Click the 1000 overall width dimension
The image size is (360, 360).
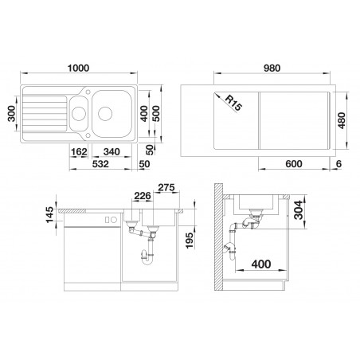tap(79, 68)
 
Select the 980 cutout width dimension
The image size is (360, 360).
tap(272, 68)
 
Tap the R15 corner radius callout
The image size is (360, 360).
tap(233, 103)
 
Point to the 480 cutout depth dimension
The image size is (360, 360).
tap(342, 121)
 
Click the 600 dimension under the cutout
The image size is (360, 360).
tap(294, 164)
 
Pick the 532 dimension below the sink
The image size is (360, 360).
tap(100, 164)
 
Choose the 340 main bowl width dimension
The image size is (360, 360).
tap(112, 152)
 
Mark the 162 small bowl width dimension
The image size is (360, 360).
tap(79, 152)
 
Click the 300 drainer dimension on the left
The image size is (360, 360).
tap(11, 114)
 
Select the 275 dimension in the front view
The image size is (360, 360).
tap(166, 188)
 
